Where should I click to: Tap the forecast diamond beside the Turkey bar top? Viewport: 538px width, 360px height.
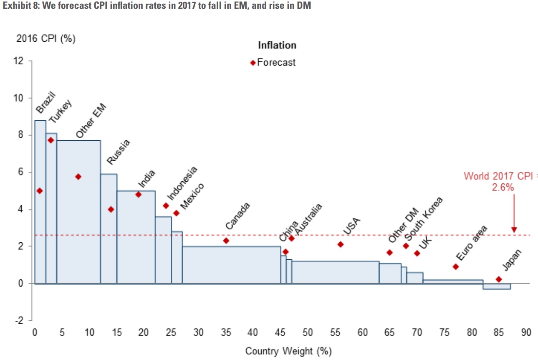[x=51, y=140]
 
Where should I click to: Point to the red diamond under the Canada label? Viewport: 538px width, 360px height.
[x=226, y=241]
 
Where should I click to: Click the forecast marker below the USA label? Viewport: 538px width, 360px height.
[x=341, y=244]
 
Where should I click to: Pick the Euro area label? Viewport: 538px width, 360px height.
[x=471, y=243]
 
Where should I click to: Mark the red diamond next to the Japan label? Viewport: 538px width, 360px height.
[x=499, y=279]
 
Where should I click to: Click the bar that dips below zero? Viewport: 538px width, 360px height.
[x=497, y=286]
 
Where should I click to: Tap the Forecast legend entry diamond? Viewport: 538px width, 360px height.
[x=253, y=63]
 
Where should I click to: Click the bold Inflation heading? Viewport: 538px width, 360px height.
[x=277, y=45]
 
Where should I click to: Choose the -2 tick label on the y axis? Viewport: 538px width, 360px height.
[x=19, y=320]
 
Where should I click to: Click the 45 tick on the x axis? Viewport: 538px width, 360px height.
[x=280, y=332]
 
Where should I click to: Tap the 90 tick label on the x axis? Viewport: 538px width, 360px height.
[x=526, y=332]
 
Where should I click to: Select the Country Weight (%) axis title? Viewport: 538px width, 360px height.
[x=288, y=351]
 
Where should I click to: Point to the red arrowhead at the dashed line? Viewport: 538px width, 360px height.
[x=514, y=230]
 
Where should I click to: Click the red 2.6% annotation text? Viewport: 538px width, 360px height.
[x=503, y=188]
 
